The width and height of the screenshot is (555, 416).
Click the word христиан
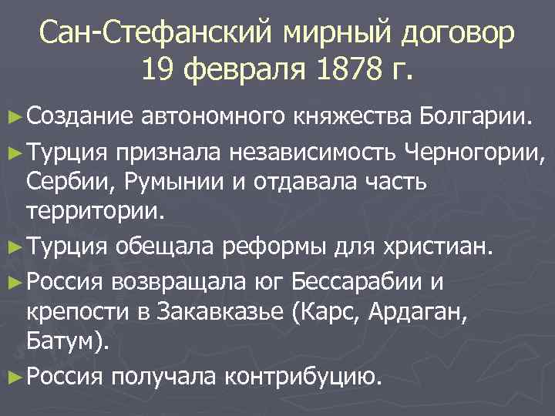click(x=435, y=247)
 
